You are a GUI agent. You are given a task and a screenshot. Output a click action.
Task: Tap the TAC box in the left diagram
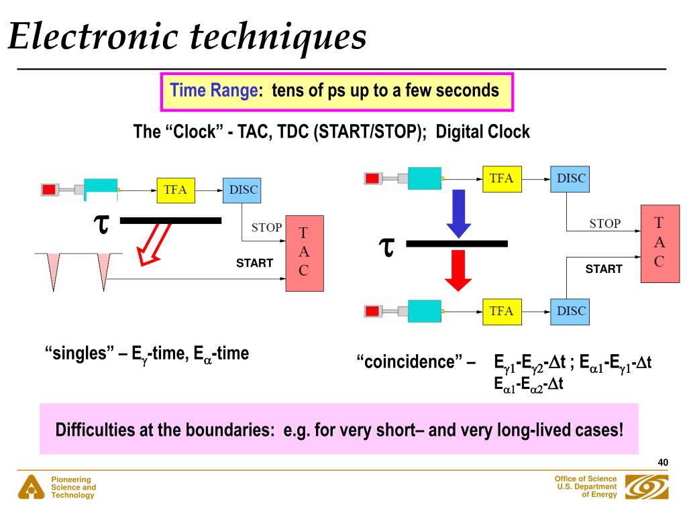304,252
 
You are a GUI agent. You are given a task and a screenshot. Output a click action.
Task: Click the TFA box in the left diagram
175,190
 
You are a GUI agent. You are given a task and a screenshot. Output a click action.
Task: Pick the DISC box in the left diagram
242,190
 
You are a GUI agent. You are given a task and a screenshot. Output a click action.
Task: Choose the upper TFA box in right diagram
501,178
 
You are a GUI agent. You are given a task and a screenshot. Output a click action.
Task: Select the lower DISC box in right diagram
571,311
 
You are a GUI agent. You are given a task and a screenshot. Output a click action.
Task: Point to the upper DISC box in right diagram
571,178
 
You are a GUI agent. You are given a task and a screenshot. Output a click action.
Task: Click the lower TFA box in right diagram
501,311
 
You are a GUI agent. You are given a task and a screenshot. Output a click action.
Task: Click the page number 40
663,463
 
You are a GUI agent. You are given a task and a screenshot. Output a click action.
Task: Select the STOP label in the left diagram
266,228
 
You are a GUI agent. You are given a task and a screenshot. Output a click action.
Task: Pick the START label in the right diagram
604,269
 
